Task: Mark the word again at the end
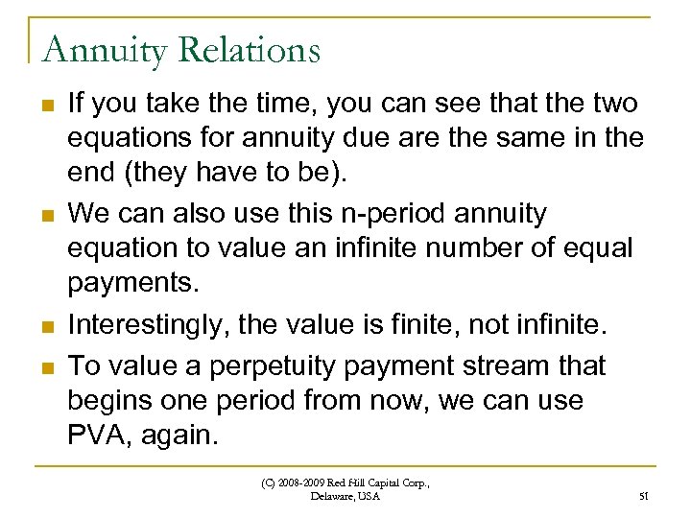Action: click(x=184, y=435)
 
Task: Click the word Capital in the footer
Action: click(x=398, y=483)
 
